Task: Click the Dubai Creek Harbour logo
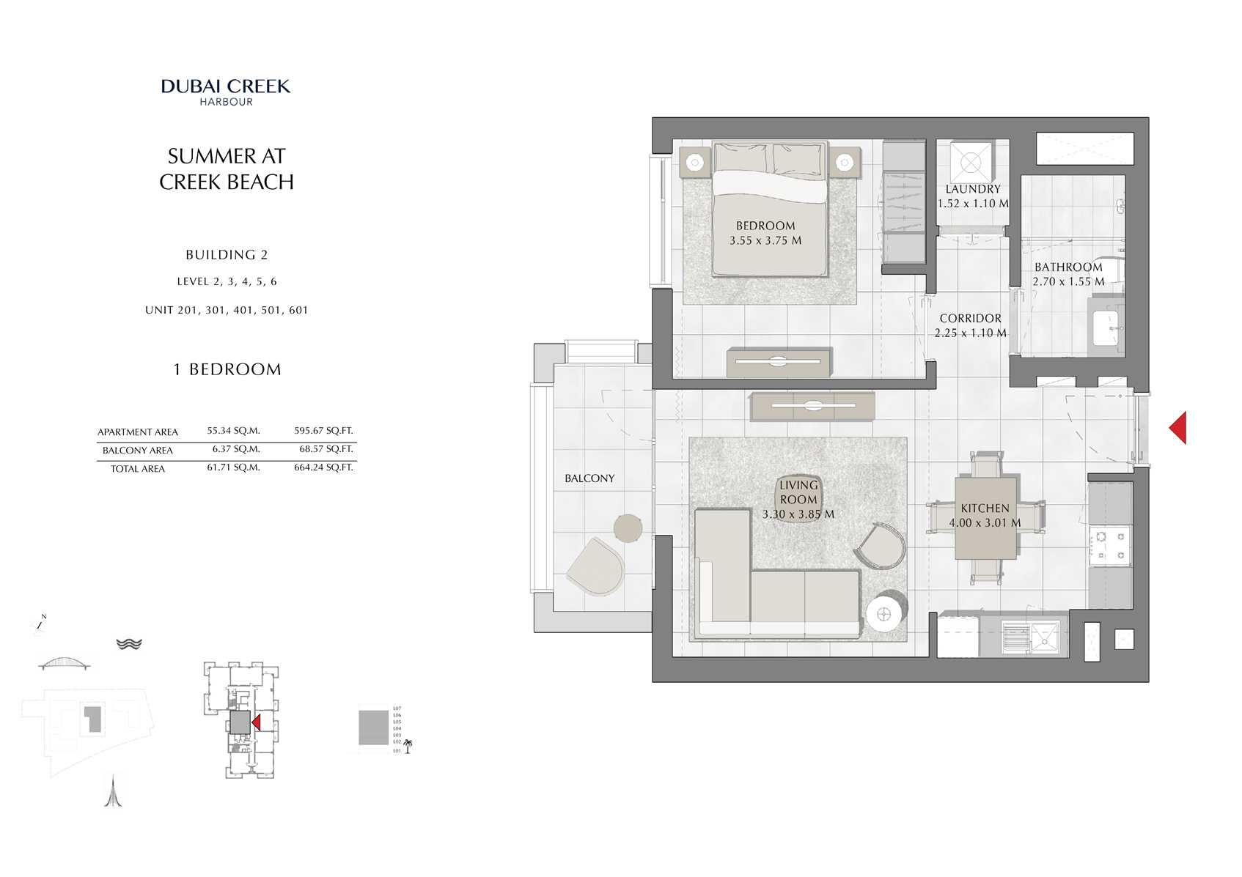coord(226,92)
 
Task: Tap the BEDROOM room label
coord(765,226)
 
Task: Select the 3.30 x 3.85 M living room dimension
coord(798,514)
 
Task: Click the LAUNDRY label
coord(972,189)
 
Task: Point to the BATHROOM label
coord(1068,267)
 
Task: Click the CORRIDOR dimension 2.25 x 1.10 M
coord(970,333)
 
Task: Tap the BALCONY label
coord(589,478)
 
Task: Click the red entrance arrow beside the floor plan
coord(1178,428)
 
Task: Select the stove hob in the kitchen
coord(1110,547)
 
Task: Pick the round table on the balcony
coord(628,528)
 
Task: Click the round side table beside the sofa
coord(883,614)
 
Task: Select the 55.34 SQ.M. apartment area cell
coord(233,431)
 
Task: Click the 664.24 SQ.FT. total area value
coord(323,467)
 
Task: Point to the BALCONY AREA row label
coord(137,451)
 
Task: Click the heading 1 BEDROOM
coord(227,369)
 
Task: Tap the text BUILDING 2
coord(227,255)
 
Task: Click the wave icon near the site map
coord(129,643)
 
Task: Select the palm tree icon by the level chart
coord(408,746)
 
